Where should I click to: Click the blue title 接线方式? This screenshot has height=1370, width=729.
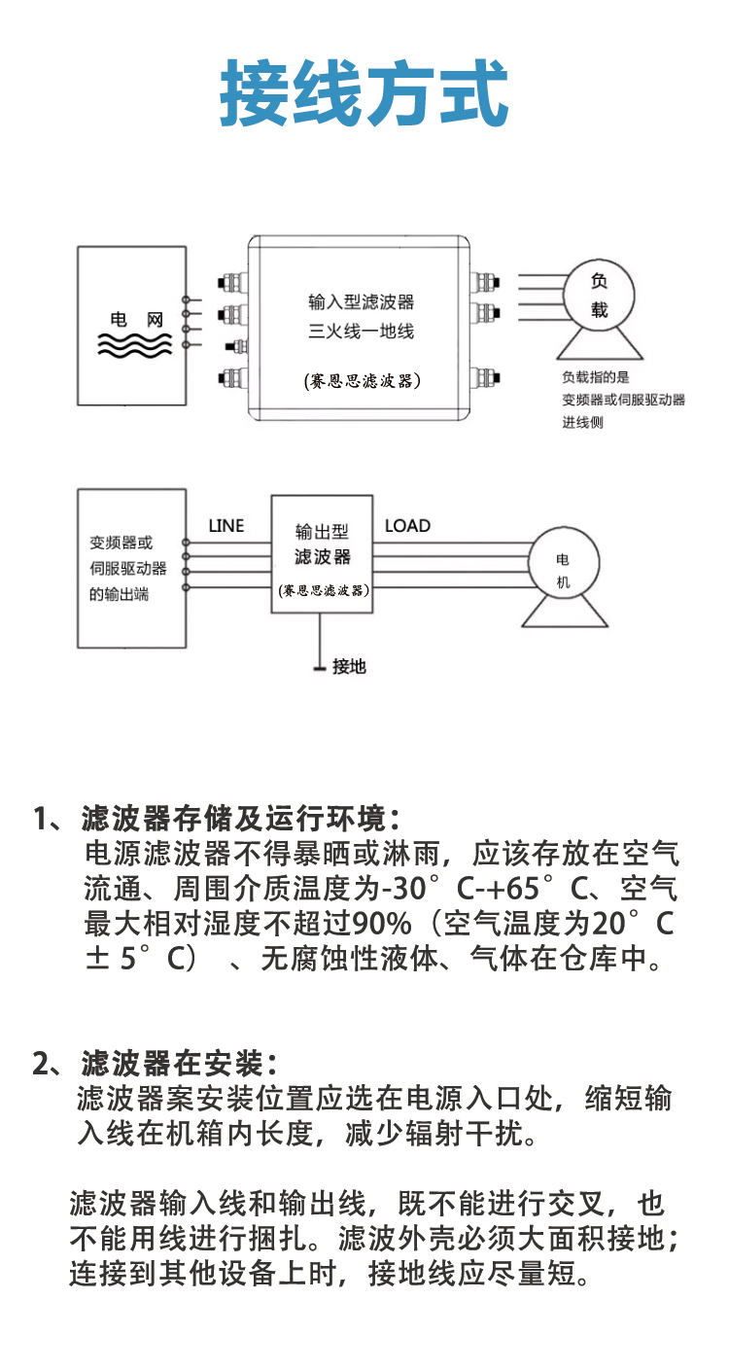(x=364, y=94)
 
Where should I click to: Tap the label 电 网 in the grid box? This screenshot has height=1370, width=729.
(x=135, y=319)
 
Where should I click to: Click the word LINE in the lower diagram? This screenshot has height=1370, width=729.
(x=226, y=526)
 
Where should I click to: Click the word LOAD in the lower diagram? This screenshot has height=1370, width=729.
(x=407, y=526)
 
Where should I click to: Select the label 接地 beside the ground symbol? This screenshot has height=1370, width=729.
(x=349, y=667)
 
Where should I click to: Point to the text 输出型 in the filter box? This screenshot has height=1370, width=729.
(x=321, y=532)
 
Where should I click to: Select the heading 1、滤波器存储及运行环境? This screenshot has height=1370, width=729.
(x=216, y=818)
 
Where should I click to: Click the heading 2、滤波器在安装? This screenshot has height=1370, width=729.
(x=156, y=1063)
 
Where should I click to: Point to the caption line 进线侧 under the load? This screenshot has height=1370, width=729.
(x=582, y=423)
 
